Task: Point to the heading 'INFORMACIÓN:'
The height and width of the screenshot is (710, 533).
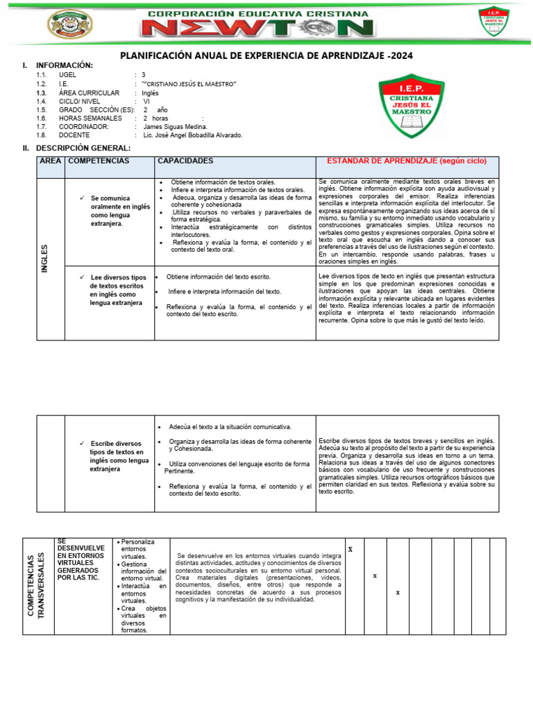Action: [64, 65]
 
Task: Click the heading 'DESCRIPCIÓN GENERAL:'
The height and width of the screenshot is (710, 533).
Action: [83, 148]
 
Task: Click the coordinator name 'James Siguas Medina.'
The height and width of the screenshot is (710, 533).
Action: [176, 127]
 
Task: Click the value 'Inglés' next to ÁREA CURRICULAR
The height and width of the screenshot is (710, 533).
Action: [151, 92]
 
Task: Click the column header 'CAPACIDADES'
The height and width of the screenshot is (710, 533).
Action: [185, 161]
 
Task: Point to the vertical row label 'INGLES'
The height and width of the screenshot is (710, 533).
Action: [45, 259]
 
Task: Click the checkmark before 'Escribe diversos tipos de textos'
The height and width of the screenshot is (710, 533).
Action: [82, 443]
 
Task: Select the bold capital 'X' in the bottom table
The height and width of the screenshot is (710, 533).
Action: [350, 549]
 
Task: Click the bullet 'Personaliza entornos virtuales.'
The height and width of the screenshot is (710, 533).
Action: [139, 549]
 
